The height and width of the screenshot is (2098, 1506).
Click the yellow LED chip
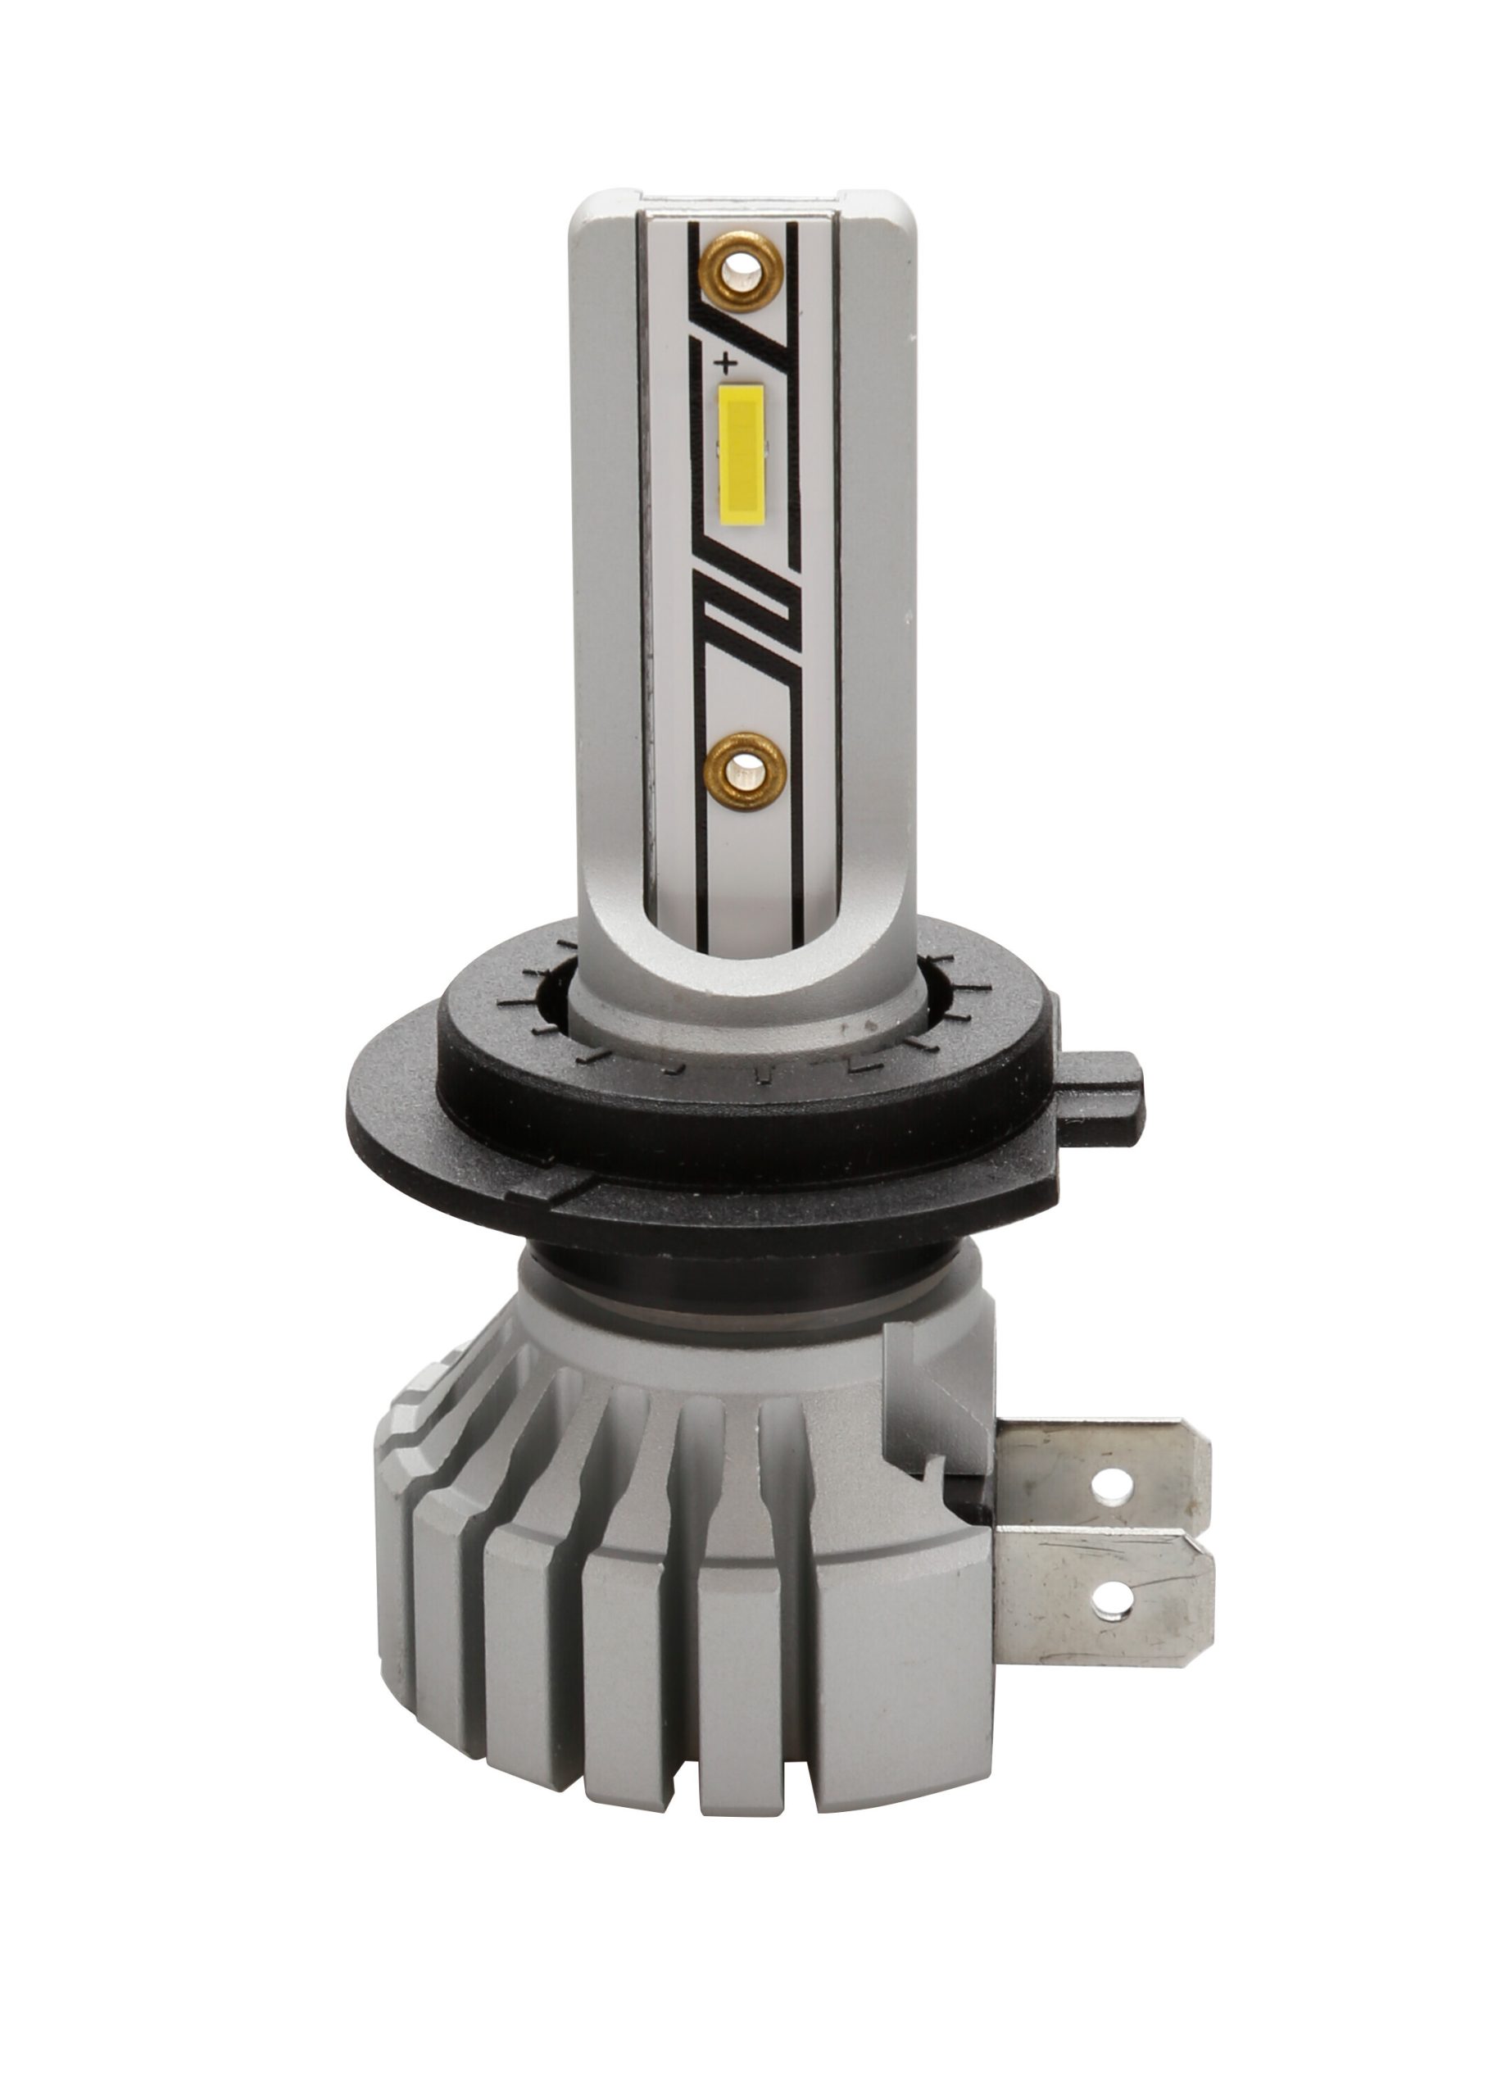741,447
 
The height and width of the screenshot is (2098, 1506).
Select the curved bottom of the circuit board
740,934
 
